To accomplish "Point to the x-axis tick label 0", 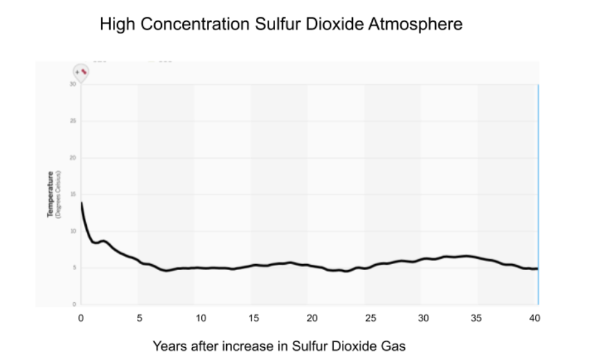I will click(x=81, y=318).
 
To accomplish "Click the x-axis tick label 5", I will click(x=139, y=318).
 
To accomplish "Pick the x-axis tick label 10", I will click(x=201, y=318).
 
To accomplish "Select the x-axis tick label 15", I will click(x=255, y=318).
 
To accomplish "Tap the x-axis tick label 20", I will click(x=312, y=318).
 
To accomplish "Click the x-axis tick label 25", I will click(x=370, y=318).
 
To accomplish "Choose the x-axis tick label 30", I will click(x=423, y=318).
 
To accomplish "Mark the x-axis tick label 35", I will click(x=476, y=318).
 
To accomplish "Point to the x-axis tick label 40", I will click(x=534, y=318).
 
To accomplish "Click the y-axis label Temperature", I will click(x=50, y=194).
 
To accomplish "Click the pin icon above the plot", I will click(x=81, y=72).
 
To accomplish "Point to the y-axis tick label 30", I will click(x=73, y=84).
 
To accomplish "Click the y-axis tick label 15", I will click(x=73, y=194).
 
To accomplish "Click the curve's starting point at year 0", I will click(x=82, y=203).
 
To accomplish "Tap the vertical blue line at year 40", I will click(x=538, y=193).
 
